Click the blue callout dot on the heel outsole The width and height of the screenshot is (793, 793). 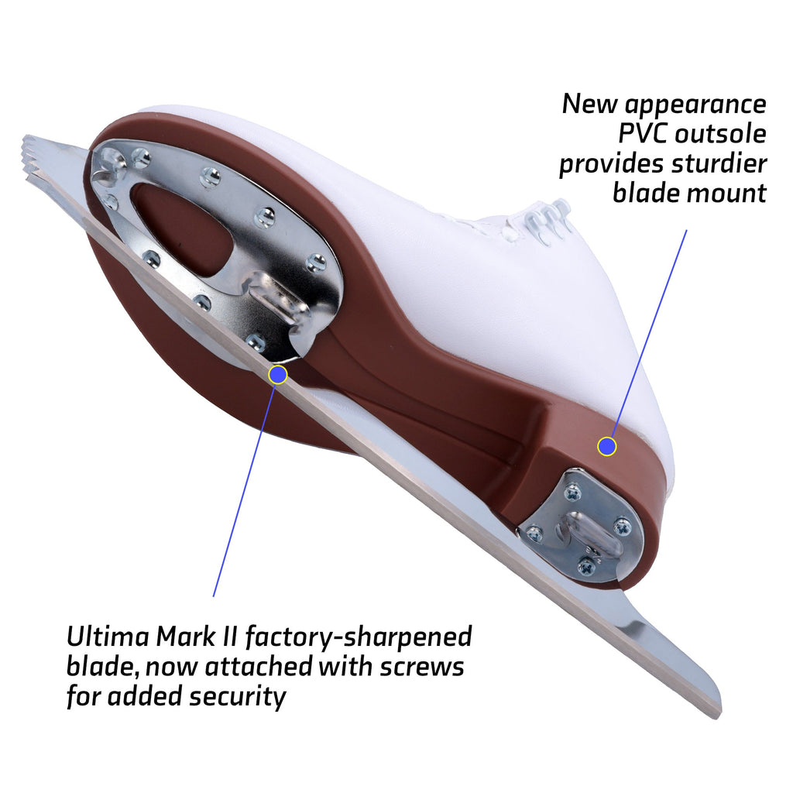click(x=607, y=447)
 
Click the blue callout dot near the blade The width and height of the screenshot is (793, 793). click(x=278, y=375)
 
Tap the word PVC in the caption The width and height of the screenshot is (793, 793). click(x=644, y=133)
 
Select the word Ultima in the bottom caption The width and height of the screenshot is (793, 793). click(x=108, y=637)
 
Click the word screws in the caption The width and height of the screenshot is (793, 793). click(x=422, y=667)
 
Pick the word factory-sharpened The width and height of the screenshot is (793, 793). click(x=359, y=637)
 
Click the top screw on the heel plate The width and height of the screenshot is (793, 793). click(x=573, y=492)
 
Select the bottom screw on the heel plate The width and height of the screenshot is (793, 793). click(x=587, y=565)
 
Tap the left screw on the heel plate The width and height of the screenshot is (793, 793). click(x=534, y=533)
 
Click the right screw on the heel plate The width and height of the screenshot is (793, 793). click(x=622, y=527)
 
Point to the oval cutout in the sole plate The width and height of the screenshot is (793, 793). click(x=182, y=227)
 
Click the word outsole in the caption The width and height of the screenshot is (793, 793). click(x=721, y=134)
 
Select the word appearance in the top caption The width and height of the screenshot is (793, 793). click(x=696, y=105)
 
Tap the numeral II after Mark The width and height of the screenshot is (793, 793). click(x=229, y=637)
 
